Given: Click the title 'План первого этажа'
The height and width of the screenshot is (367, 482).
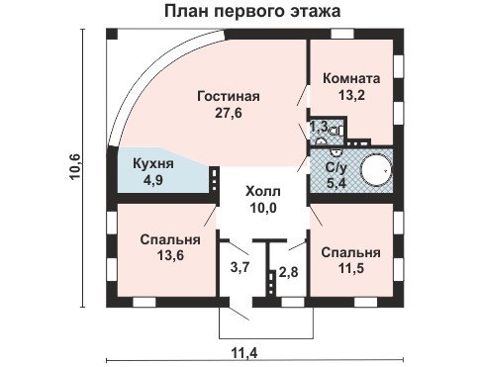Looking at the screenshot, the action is click(252, 11).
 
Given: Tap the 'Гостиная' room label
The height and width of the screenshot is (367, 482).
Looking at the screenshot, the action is click(229, 96).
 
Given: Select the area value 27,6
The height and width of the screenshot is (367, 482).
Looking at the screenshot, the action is click(229, 113).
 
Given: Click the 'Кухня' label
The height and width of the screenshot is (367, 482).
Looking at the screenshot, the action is click(153, 164).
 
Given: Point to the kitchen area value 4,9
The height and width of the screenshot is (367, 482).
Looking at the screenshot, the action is click(153, 180).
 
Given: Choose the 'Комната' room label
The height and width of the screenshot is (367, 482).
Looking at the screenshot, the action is click(351, 78).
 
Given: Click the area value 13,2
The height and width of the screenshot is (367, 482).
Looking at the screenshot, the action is click(351, 95).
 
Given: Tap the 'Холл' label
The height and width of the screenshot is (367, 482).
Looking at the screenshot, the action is click(263, 191).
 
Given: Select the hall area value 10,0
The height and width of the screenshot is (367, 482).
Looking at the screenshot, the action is click(263, 208).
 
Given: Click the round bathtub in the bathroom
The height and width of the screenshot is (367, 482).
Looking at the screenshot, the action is click(376, 171).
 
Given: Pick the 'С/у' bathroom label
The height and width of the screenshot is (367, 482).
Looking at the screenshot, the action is click(336, 167).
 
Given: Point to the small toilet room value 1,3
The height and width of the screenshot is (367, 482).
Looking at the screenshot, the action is click(318, 126).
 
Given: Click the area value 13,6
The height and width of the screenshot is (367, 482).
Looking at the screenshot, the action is click(170, 255).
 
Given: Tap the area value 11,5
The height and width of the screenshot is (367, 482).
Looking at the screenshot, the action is click(351, 268).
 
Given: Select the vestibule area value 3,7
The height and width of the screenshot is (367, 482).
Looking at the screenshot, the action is click(240, 267).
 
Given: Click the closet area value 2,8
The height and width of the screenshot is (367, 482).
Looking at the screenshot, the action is click(288, 272).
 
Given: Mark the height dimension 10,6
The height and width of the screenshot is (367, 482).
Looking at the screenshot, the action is click(74, 166).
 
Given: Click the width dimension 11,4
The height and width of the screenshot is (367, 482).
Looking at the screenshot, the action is click(244, 354).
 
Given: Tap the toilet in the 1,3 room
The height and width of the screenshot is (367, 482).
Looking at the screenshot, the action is click(336, 131).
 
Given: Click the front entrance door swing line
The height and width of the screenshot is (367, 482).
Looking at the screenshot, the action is click(240, 315).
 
